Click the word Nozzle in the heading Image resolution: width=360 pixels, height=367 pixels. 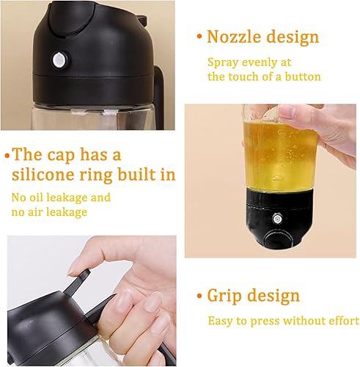(x=234, y=37)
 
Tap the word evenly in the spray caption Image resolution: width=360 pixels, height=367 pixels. (x=259, y=63)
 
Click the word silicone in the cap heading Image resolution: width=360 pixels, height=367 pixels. (x=43, y=174)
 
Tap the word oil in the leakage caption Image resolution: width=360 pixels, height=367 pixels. (x=36, y=197)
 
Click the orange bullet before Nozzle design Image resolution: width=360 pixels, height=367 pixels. (x=199, y=37)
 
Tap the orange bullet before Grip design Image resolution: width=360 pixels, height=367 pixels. (x=199, y=296)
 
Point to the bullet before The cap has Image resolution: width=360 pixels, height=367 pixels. (x=7, y=156)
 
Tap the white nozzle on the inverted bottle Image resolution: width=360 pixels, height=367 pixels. (x=277, y=218)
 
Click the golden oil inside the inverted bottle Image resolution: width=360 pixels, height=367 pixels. (x=279, y=156)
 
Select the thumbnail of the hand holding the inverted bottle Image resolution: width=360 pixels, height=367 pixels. (x=270, y=181)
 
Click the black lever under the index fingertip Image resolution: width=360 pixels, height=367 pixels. (x=76, y=282)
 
